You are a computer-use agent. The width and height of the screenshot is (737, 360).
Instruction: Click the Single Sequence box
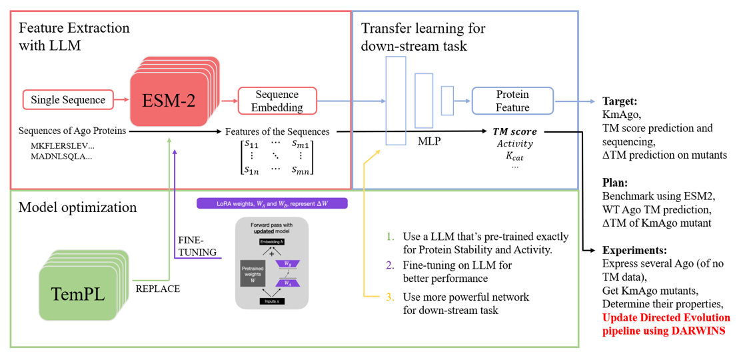68,100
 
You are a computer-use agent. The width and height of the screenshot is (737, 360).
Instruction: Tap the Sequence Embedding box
277,101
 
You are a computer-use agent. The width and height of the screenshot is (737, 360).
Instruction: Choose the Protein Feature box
512,101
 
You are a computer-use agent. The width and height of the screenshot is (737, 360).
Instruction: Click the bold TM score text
514,131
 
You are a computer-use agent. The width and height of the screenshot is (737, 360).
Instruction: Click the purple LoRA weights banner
273,203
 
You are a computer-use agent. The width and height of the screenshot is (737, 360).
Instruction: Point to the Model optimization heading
77,207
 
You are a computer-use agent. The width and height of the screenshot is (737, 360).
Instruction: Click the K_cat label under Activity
514,157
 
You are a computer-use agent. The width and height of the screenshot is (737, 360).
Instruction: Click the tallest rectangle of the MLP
395,100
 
